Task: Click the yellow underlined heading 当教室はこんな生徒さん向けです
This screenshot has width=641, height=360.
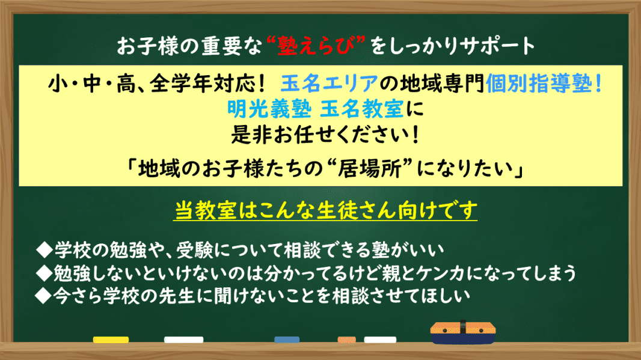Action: [325, 210]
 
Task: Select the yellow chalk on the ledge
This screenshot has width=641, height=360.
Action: [111, 340]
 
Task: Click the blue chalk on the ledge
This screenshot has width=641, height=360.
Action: [291, 340]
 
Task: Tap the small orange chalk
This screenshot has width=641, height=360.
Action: [343, 340]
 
